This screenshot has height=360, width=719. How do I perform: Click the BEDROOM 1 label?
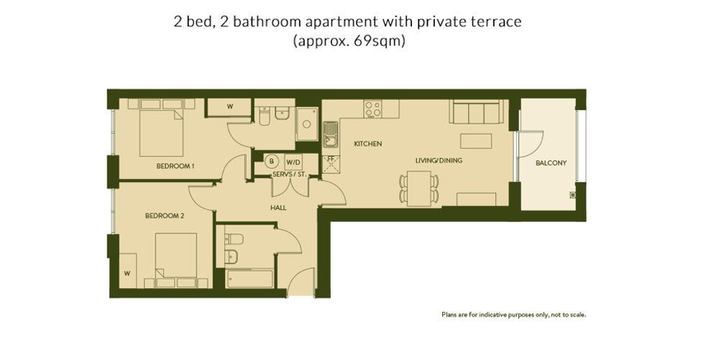(175, 166)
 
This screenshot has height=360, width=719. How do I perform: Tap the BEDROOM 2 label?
(165, 216)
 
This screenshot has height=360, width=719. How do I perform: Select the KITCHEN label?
(367, 144)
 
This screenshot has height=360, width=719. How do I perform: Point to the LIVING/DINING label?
(439, 160)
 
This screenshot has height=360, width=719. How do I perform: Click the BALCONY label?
(551, 162)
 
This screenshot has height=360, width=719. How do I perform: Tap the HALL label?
(278, 208)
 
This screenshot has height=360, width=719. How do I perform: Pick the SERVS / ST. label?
(289, 175)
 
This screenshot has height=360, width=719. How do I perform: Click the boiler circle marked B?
(272, 161)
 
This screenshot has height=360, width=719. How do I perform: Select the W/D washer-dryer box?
(293, 162)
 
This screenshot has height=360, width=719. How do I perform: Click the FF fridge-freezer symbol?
(330, 162)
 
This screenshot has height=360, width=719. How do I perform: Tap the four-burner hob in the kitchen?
(372, 109)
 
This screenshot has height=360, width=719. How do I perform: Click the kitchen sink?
(330, 134)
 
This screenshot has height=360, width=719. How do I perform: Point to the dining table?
(418, 187)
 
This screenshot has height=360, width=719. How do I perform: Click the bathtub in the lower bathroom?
(249, 279)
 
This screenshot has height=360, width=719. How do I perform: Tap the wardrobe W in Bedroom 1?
(230, 107)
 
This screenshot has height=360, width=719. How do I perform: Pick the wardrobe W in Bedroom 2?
(127, 274)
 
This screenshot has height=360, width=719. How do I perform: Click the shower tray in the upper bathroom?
(307, 124)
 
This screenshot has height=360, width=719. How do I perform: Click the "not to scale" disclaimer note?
(513, 315)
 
